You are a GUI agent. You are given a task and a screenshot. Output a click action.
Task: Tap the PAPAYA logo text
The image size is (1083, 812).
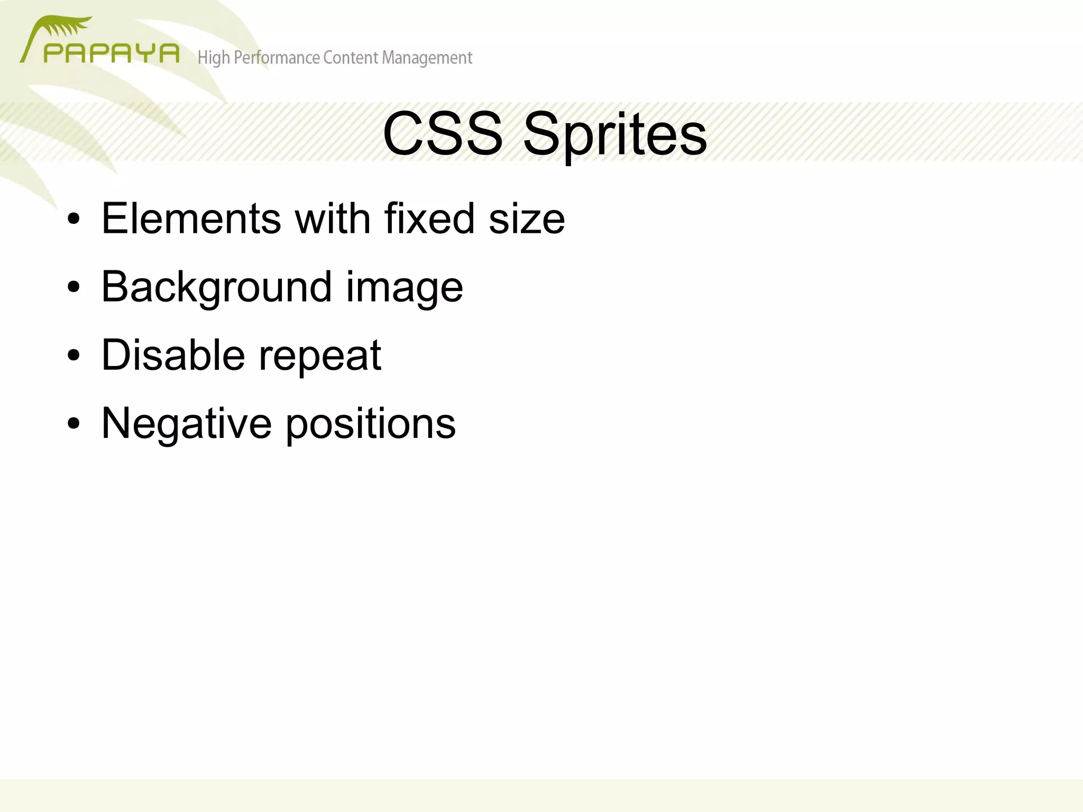coord(111,53)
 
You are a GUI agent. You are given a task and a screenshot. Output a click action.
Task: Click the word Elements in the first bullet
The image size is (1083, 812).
coord(191,218)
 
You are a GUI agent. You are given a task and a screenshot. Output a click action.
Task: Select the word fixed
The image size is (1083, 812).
coord(429,218)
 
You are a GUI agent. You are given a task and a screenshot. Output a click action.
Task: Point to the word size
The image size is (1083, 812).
coord(527,220)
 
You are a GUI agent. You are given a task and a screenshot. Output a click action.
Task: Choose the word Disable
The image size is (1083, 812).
coord(173,355)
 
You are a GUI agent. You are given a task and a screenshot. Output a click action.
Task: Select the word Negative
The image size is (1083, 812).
coord(186,423)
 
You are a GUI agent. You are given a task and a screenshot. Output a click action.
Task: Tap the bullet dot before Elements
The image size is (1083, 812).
coord(74,219)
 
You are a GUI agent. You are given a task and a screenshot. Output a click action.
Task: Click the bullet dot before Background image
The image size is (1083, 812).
coord(74,287)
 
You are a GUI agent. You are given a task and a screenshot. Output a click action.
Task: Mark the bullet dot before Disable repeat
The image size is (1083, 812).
coord(74,355)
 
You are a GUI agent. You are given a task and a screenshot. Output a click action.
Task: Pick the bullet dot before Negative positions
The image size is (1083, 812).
coord(74,424)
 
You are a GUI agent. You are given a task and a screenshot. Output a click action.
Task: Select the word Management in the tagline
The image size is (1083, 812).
coord(427,58)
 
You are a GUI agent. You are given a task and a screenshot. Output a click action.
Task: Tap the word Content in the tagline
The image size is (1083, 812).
coord(351,57)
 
